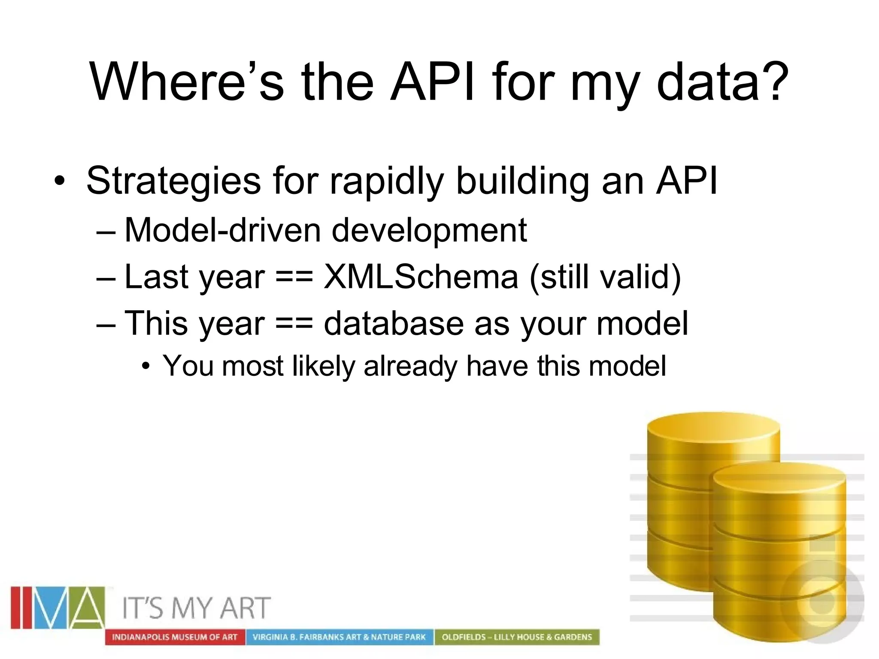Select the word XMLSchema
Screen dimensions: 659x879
click(x=421, y=277)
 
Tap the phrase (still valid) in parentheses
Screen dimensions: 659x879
click(x=605, y=277)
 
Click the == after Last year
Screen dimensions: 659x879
click(x=294, y=277)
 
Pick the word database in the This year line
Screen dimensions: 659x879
click(x=393, y=323)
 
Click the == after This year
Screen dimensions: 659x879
click(x=294, y=323)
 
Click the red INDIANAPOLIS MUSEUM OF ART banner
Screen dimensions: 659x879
click(x=175, y=637)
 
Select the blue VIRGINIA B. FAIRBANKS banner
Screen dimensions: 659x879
click(x=339, y=637)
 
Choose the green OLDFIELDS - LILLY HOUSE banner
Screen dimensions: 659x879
click(x=517, y=637)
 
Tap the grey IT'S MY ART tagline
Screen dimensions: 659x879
click(x=197, y=608)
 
